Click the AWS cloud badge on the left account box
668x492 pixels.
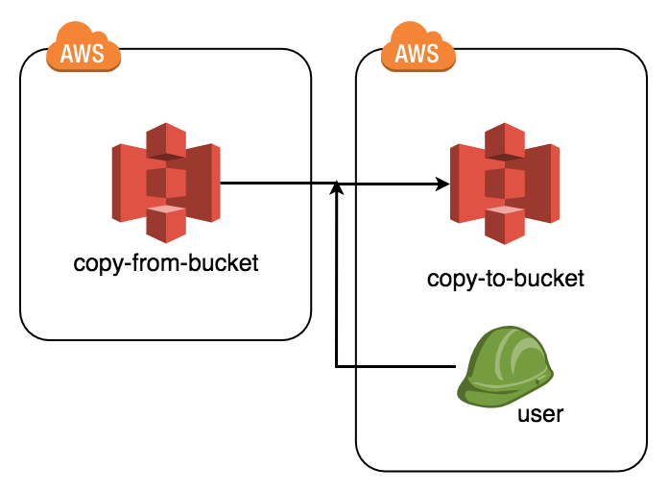click(x=83, y=51)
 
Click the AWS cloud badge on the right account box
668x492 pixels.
click(x=418, y=51)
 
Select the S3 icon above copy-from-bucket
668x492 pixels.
click(x=165, y=182)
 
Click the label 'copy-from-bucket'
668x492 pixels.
click(x=165, y=262)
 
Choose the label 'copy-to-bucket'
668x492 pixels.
click(x=505, y=280)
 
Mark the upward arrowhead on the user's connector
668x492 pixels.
click(x=336, y=189)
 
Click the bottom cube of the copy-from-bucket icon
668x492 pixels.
click(x=165, y=225)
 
